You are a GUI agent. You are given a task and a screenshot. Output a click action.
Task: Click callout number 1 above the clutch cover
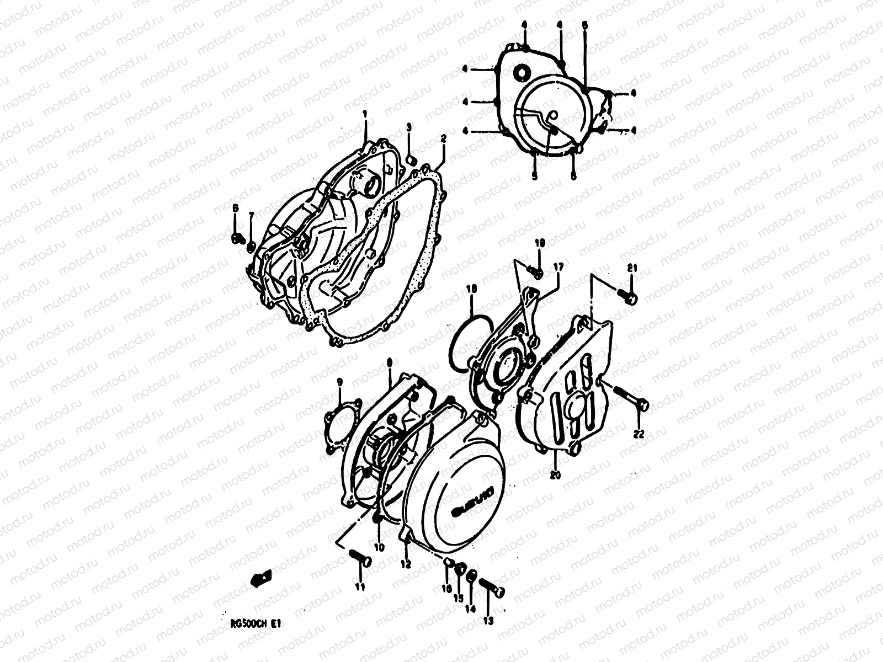click(365, 114)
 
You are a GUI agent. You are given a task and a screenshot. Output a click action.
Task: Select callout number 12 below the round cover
click(406, 564)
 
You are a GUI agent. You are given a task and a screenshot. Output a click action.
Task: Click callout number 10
click(379, 547)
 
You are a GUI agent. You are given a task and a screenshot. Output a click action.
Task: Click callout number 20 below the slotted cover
click(555, 474)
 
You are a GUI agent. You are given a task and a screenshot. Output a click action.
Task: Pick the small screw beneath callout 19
click(535, 270)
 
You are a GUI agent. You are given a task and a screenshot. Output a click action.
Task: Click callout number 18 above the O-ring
click(471, 288)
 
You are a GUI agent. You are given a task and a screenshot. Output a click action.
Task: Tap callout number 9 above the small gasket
click(339, 381)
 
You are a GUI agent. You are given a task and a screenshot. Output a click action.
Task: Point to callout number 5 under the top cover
click(534, 177)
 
